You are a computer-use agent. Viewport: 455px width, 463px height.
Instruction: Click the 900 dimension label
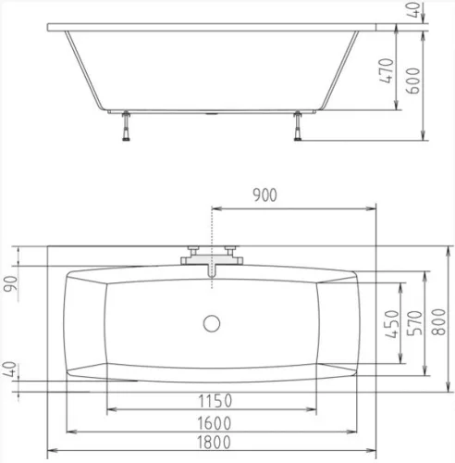(264, 195)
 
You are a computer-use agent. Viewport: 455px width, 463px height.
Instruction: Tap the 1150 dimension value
(215, 401)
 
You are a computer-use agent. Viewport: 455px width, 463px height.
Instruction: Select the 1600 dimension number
(214, 423)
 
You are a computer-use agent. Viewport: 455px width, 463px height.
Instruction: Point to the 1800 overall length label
(214, 442)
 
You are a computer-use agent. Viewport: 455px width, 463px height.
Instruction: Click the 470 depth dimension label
(387, 70)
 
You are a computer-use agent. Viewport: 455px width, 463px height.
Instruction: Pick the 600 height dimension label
(413, 81)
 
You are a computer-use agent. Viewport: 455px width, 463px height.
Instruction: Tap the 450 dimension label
(392, 324)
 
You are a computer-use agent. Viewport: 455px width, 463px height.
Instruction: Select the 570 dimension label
(414, 323)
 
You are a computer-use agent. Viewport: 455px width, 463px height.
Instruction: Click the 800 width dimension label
(438, 322)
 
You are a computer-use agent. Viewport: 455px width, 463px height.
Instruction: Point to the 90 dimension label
(11, 284)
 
